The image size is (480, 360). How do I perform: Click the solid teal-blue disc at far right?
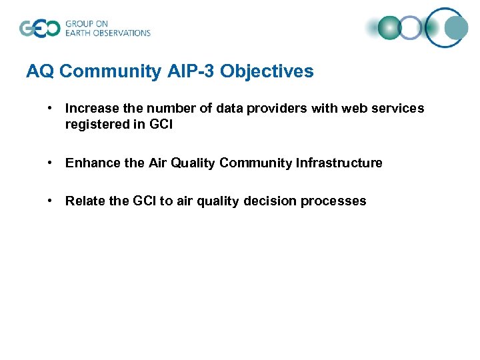click(x=457, y=27)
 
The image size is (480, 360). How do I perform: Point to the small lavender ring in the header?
click(x=411, y=28)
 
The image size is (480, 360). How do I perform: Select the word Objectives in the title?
click(x=267, y=71)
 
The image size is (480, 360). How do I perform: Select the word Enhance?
click(x=89, y=163)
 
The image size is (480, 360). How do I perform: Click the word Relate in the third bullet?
click(x=83, y=201)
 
